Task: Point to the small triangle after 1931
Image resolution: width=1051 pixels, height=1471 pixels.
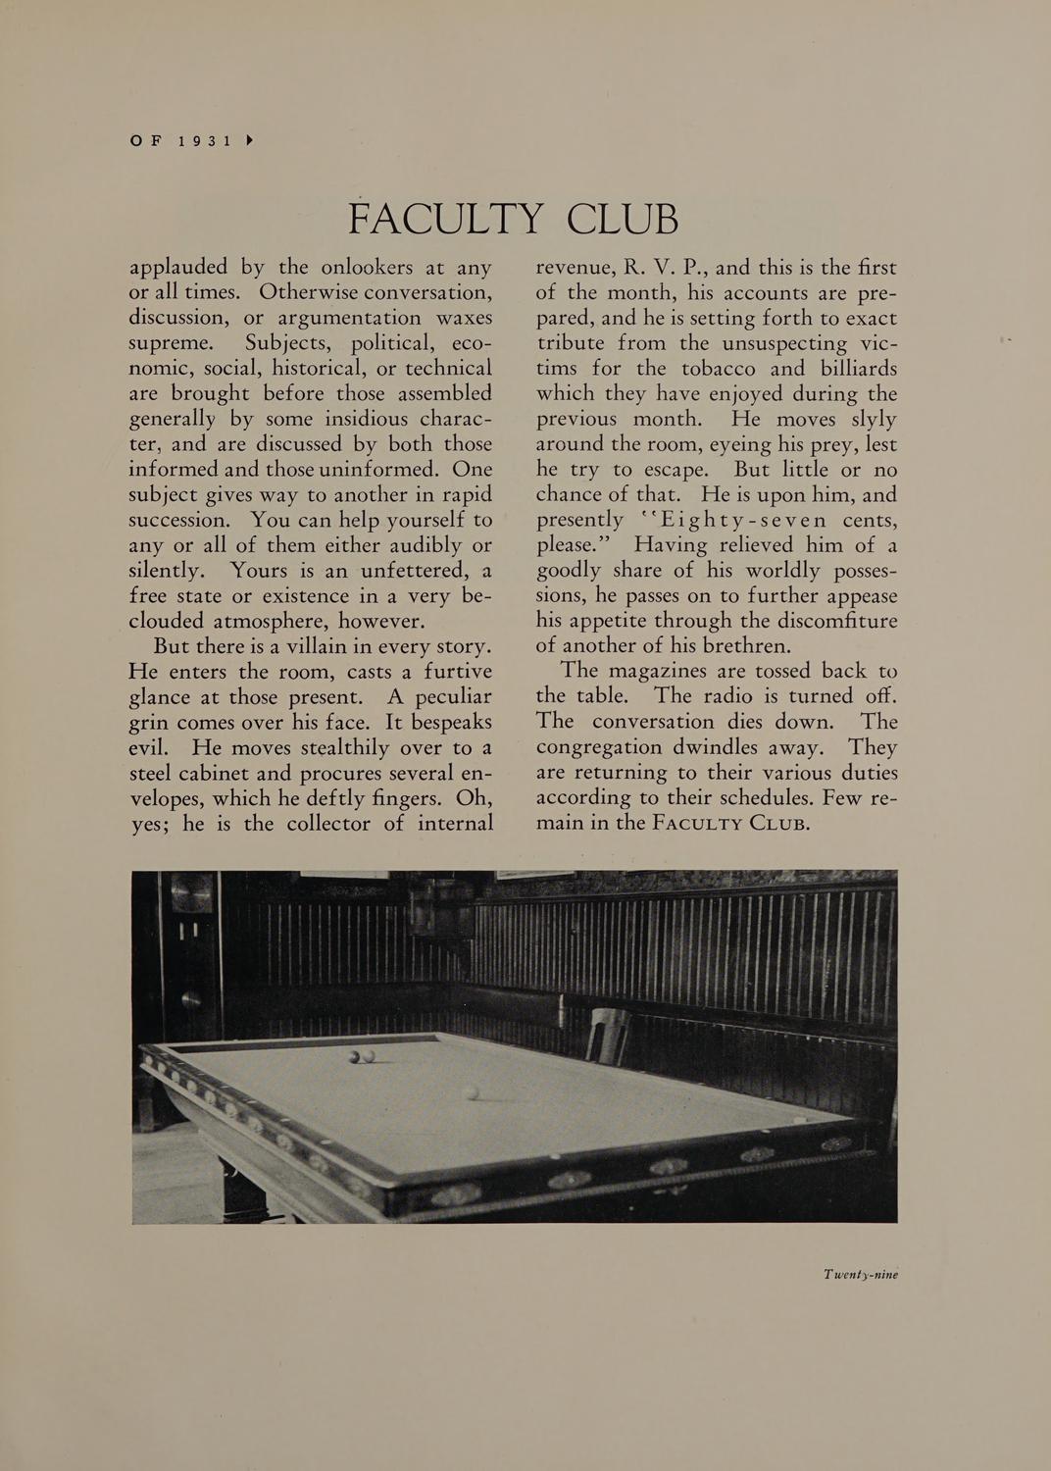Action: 249,140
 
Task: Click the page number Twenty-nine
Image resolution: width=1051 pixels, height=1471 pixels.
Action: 860,1275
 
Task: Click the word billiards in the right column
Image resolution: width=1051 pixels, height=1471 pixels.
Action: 849,369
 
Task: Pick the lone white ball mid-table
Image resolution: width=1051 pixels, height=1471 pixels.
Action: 473,1092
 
